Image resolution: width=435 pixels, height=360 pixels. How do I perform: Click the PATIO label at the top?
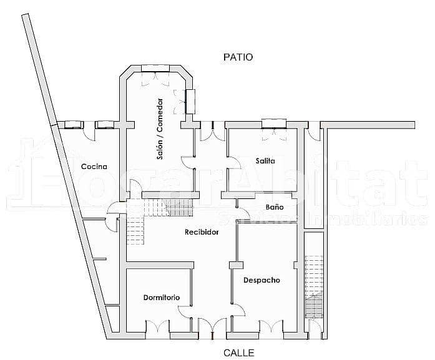tap(238, 57)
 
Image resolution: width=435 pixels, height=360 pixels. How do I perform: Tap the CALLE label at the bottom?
tap(239, 353)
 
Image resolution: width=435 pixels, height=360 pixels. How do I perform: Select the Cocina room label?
tap(94, 167)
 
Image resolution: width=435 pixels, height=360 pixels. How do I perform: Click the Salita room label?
tap(265, 161)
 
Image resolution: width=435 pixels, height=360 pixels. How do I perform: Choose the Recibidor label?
tap(202, 232)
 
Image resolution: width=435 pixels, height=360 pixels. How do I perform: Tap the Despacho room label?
tap(261, 280)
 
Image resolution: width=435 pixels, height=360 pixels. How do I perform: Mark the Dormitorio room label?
tap(161, 297)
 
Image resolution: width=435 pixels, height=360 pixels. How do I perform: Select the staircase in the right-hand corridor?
tap(314, 287)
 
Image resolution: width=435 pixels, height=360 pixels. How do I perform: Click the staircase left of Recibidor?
tap(135, 231)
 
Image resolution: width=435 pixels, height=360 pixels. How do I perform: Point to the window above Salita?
tap(273, 122)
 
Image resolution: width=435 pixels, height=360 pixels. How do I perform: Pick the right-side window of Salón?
tap(190, 101)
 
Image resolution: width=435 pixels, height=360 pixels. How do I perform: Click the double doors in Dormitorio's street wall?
tap(157, 326)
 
